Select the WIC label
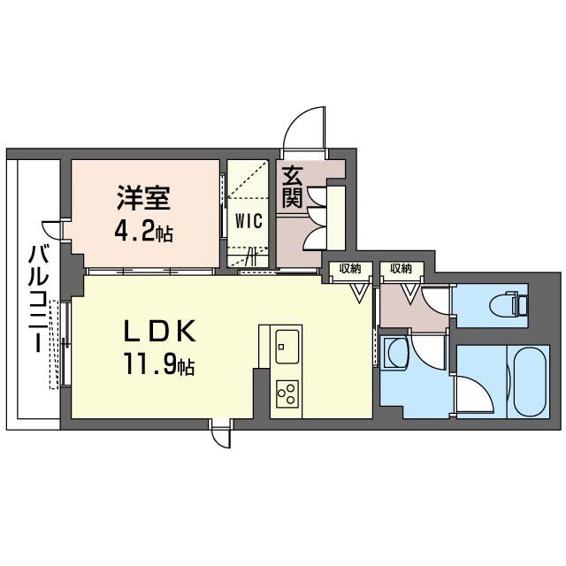[247, 222]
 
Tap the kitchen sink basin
[288, 344]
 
